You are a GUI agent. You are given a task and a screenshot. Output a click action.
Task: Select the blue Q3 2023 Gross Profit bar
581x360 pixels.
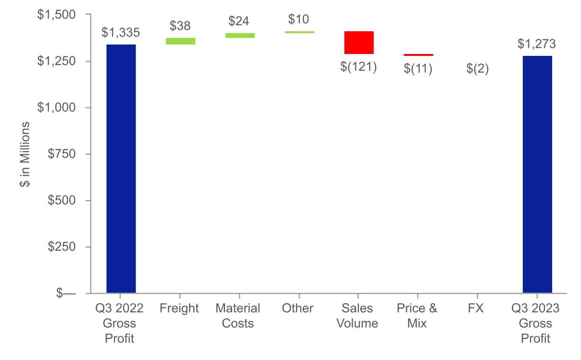[537, 174]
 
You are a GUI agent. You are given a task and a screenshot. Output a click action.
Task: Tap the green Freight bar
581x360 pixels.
[181, 41]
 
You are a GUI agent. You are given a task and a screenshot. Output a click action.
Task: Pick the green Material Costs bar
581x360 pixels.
[240, 36]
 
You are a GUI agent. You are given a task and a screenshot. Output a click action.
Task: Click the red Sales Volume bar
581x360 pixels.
[359, 43]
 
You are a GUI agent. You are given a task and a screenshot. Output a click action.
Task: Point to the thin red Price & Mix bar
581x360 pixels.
[418, 55]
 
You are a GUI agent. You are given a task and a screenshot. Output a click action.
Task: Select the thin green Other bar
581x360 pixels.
[300, 32]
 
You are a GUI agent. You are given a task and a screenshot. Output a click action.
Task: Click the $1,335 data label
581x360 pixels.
[121, 33]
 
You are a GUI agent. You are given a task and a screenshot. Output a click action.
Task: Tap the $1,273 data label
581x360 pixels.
[536, 44]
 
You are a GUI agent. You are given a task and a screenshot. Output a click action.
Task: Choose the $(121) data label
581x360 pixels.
[358, 67]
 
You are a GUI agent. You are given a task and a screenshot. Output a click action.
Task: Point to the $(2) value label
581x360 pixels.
[477, 69]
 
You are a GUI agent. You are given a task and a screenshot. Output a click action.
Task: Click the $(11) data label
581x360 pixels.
[418, 69]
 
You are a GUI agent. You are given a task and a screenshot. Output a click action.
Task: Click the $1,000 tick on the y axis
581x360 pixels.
[56, 108]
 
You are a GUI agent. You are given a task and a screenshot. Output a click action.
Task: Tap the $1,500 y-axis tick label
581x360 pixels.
[56, 15]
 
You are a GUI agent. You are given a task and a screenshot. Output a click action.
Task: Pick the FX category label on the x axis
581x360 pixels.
[476, 308]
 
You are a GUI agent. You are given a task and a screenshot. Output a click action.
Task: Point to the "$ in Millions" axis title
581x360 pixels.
[25, 154]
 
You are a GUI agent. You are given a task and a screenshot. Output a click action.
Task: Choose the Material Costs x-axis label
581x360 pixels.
[238, 316]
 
